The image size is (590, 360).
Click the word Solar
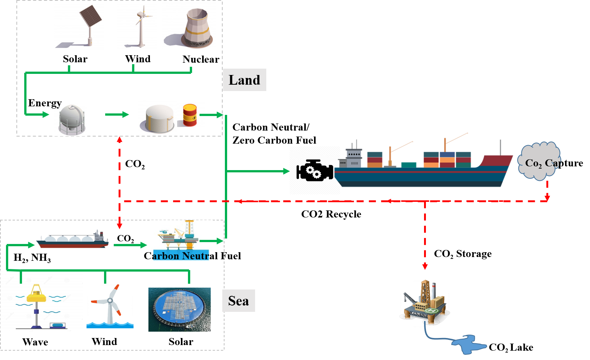[x=75, y=59]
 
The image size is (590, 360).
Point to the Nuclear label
[x=201, y=59]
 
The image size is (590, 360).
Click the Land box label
[x=244, y=80]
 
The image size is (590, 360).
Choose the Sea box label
[x=238, y=301]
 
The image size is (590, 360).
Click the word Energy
[x=45, y=103]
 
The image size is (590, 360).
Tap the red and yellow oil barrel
[x=190, y=115]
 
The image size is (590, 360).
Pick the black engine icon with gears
[x=315, y=170]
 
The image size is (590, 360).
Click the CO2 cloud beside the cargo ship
[x=539, y=161]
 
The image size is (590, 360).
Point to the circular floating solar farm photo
[x=179, y=309]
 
